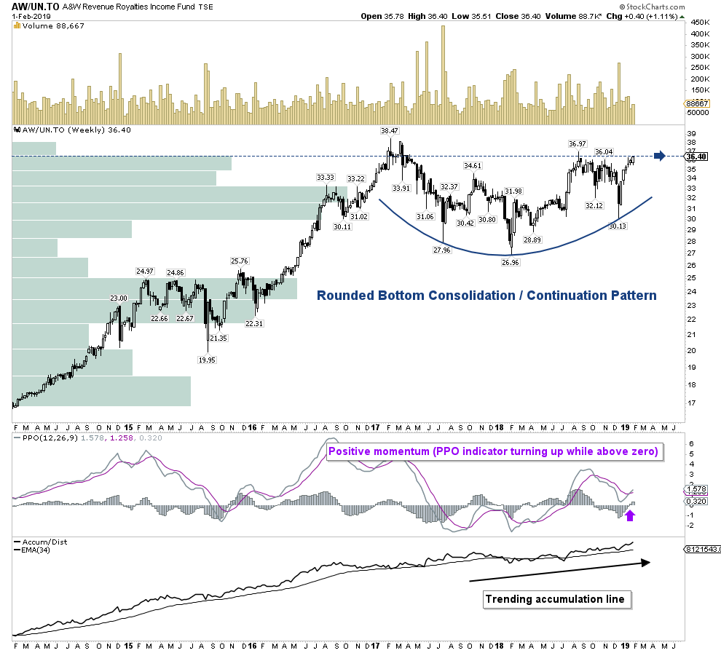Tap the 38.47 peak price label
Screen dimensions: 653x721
pyautogui.click(x=390, y=131)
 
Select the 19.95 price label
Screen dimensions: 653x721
pyautogui.click(x=208, y=360)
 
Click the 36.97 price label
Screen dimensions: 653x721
pyautogui.click(x=578, y=143)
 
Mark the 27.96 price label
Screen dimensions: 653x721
pyautogui.click(x=442, y=250)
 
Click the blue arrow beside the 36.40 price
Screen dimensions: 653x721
pyautogui.click(x=659, y=156)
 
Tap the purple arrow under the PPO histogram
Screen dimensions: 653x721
pyautogui.click(x=630, y=515)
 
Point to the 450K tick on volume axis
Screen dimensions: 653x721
pyautogui.click(x=701, y=22)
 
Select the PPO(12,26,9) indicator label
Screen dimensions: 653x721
pyautogui.click(x=41, y=438)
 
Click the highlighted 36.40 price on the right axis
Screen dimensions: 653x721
pyautogui.click(x=696, y=157)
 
